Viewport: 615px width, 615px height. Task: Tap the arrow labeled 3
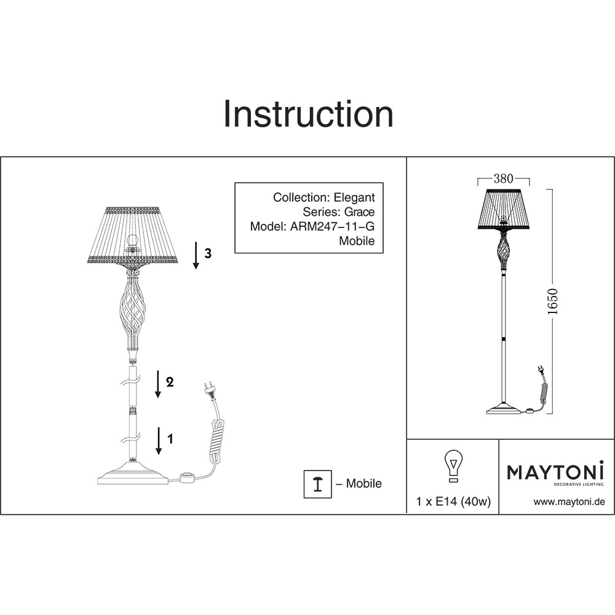coord(196,256)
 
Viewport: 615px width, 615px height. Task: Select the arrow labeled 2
coord(157,384)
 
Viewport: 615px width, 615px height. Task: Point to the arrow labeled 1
coord(159,441)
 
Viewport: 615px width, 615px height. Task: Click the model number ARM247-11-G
coord(332,226)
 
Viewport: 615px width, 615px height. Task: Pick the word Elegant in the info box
coord(354,197)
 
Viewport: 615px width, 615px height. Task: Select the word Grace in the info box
coord(359,212)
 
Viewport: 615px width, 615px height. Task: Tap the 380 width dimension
coord(503,179)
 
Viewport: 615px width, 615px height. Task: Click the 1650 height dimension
coord(553,301)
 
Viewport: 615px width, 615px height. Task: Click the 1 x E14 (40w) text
coord(453,502)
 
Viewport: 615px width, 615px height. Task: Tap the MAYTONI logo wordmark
coord(555,472)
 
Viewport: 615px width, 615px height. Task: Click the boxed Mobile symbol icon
coord(318,484)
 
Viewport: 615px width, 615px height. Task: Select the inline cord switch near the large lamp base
coord(187,478)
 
